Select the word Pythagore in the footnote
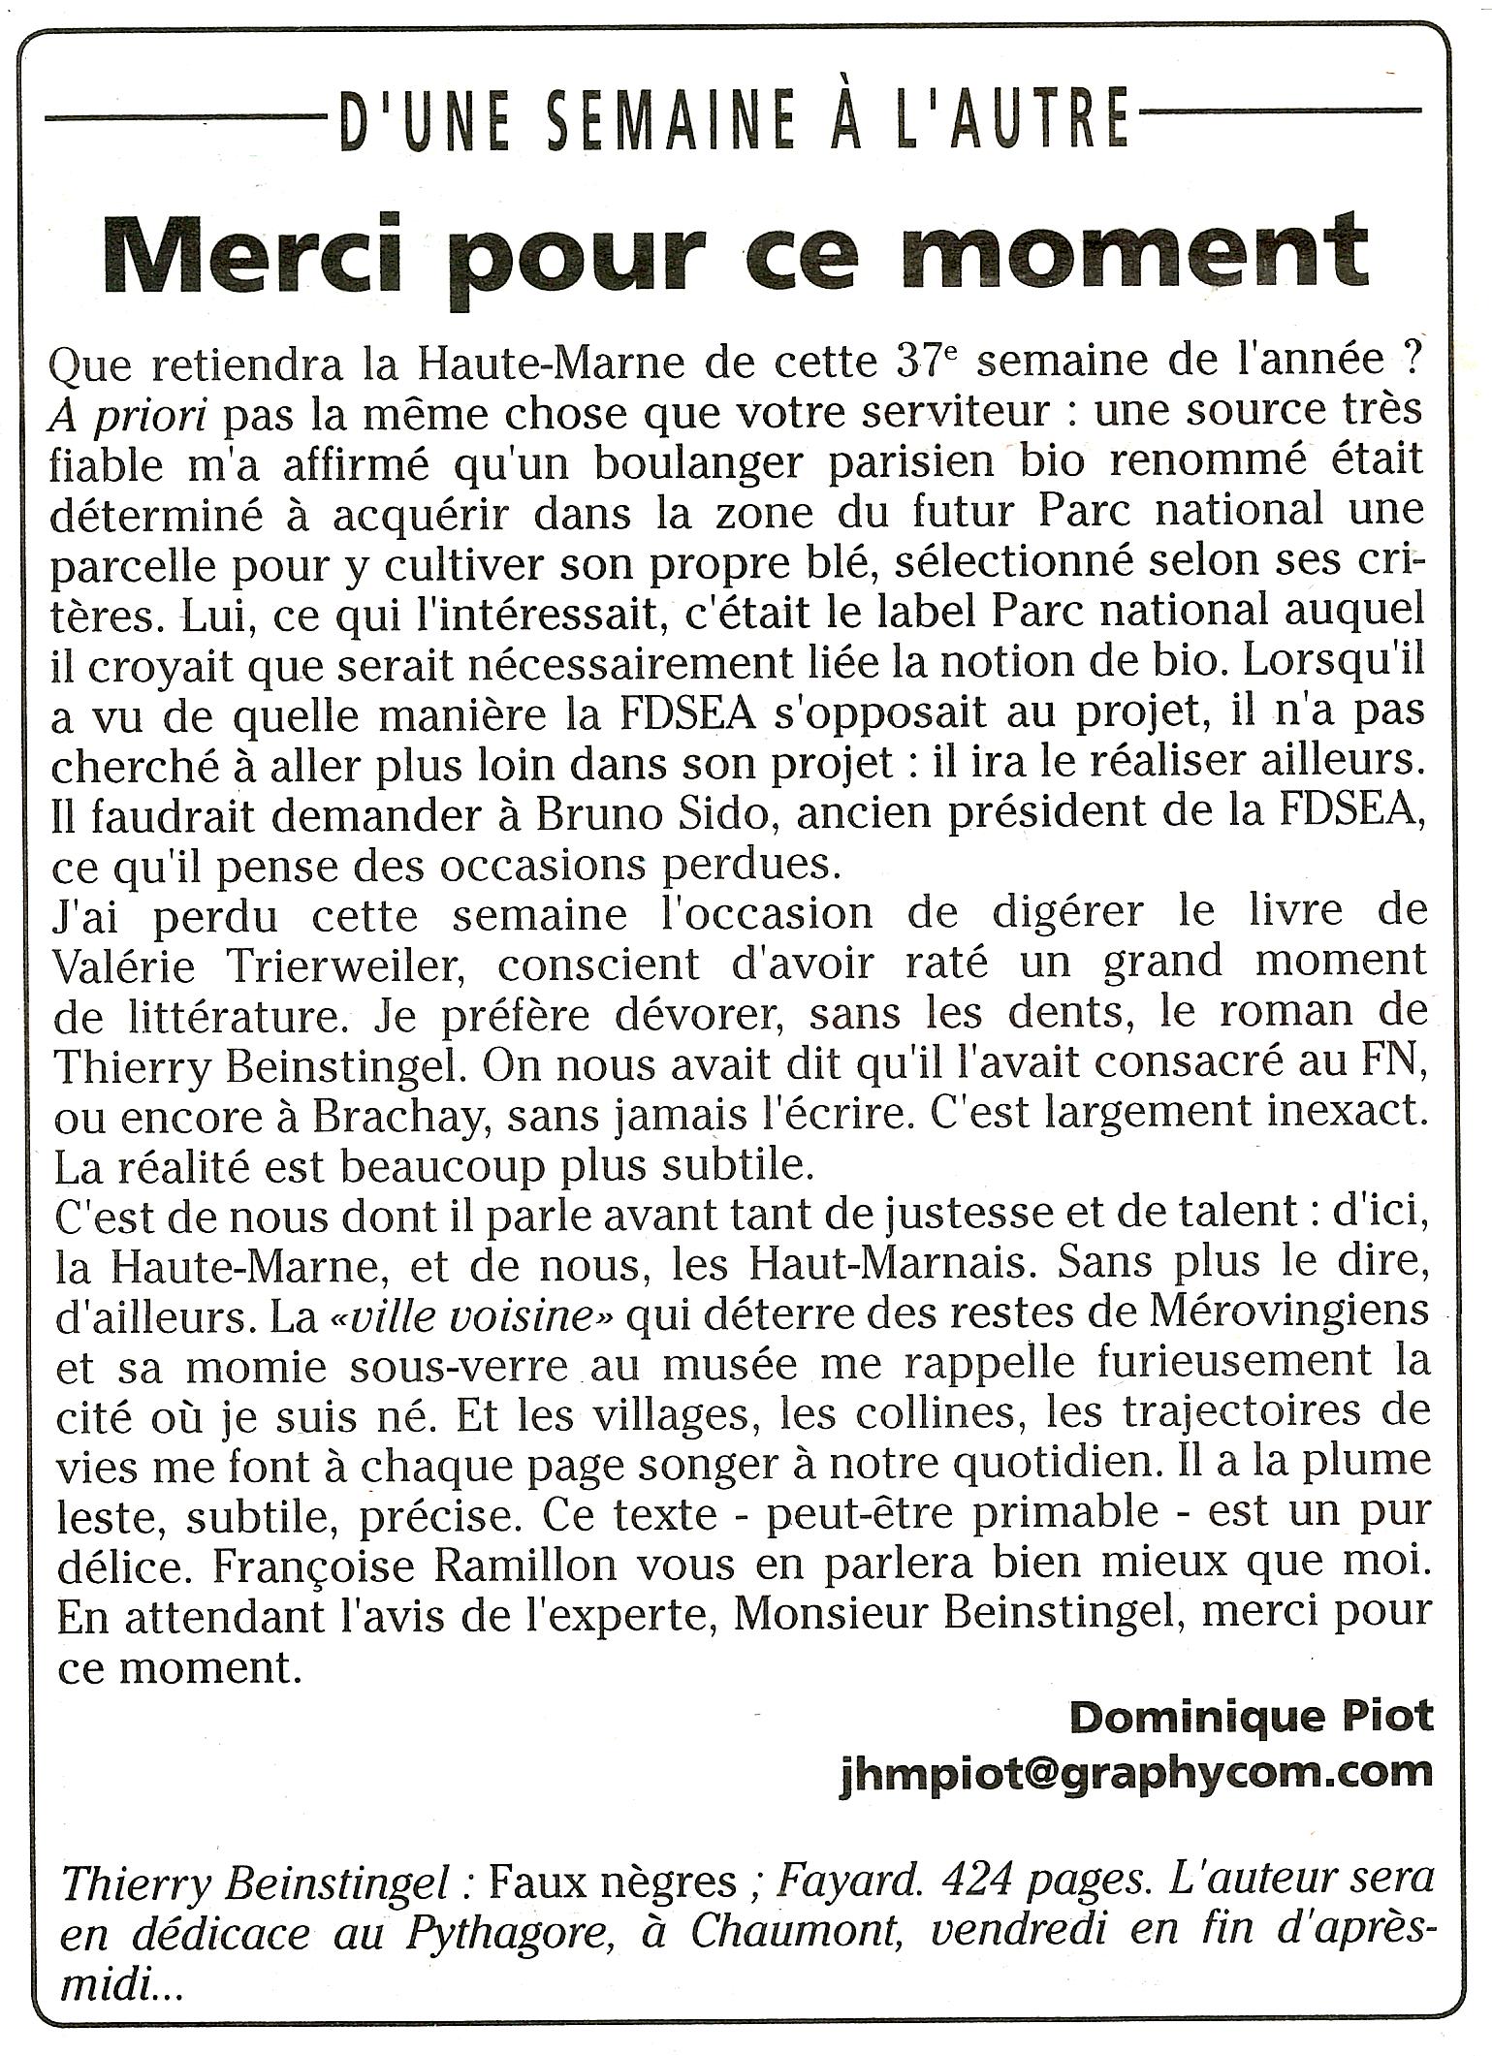pos(515,1933)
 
